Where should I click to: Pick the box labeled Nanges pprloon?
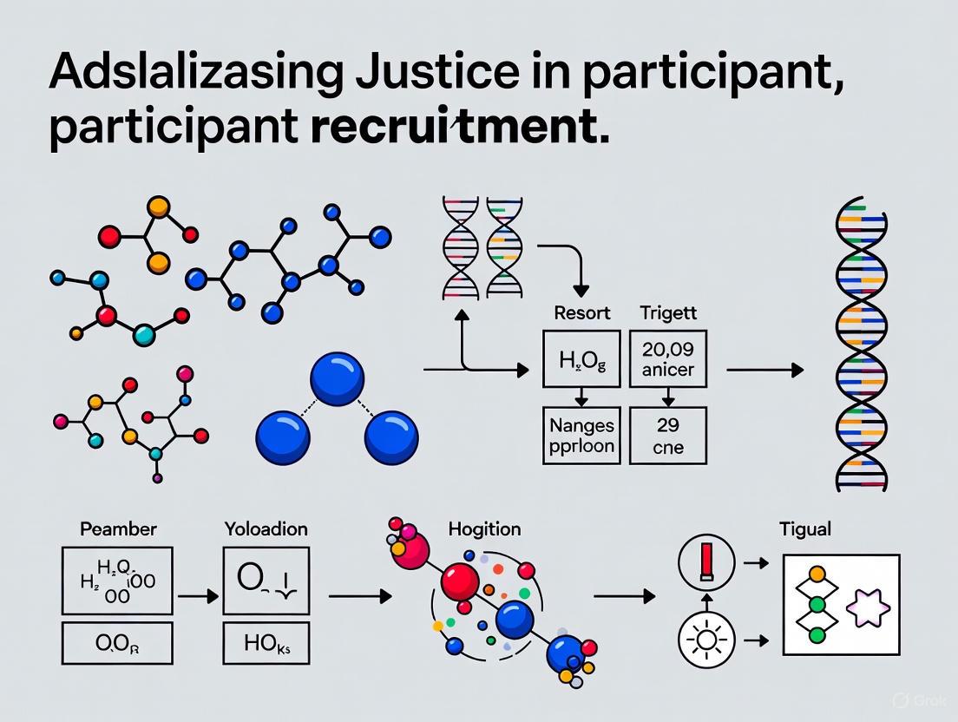(581, 436)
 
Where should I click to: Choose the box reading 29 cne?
(667, 436)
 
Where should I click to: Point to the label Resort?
(581, 312)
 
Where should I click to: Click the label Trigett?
(667, 312)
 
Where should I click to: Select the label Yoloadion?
(266, 528)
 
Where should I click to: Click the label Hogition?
(484, 528)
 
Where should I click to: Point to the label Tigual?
(805, 528)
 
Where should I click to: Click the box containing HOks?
(266, 642)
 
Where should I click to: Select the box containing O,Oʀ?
(116, 644)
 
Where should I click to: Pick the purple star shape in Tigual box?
(869, 606)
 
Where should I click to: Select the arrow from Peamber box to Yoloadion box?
(198, 596)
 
